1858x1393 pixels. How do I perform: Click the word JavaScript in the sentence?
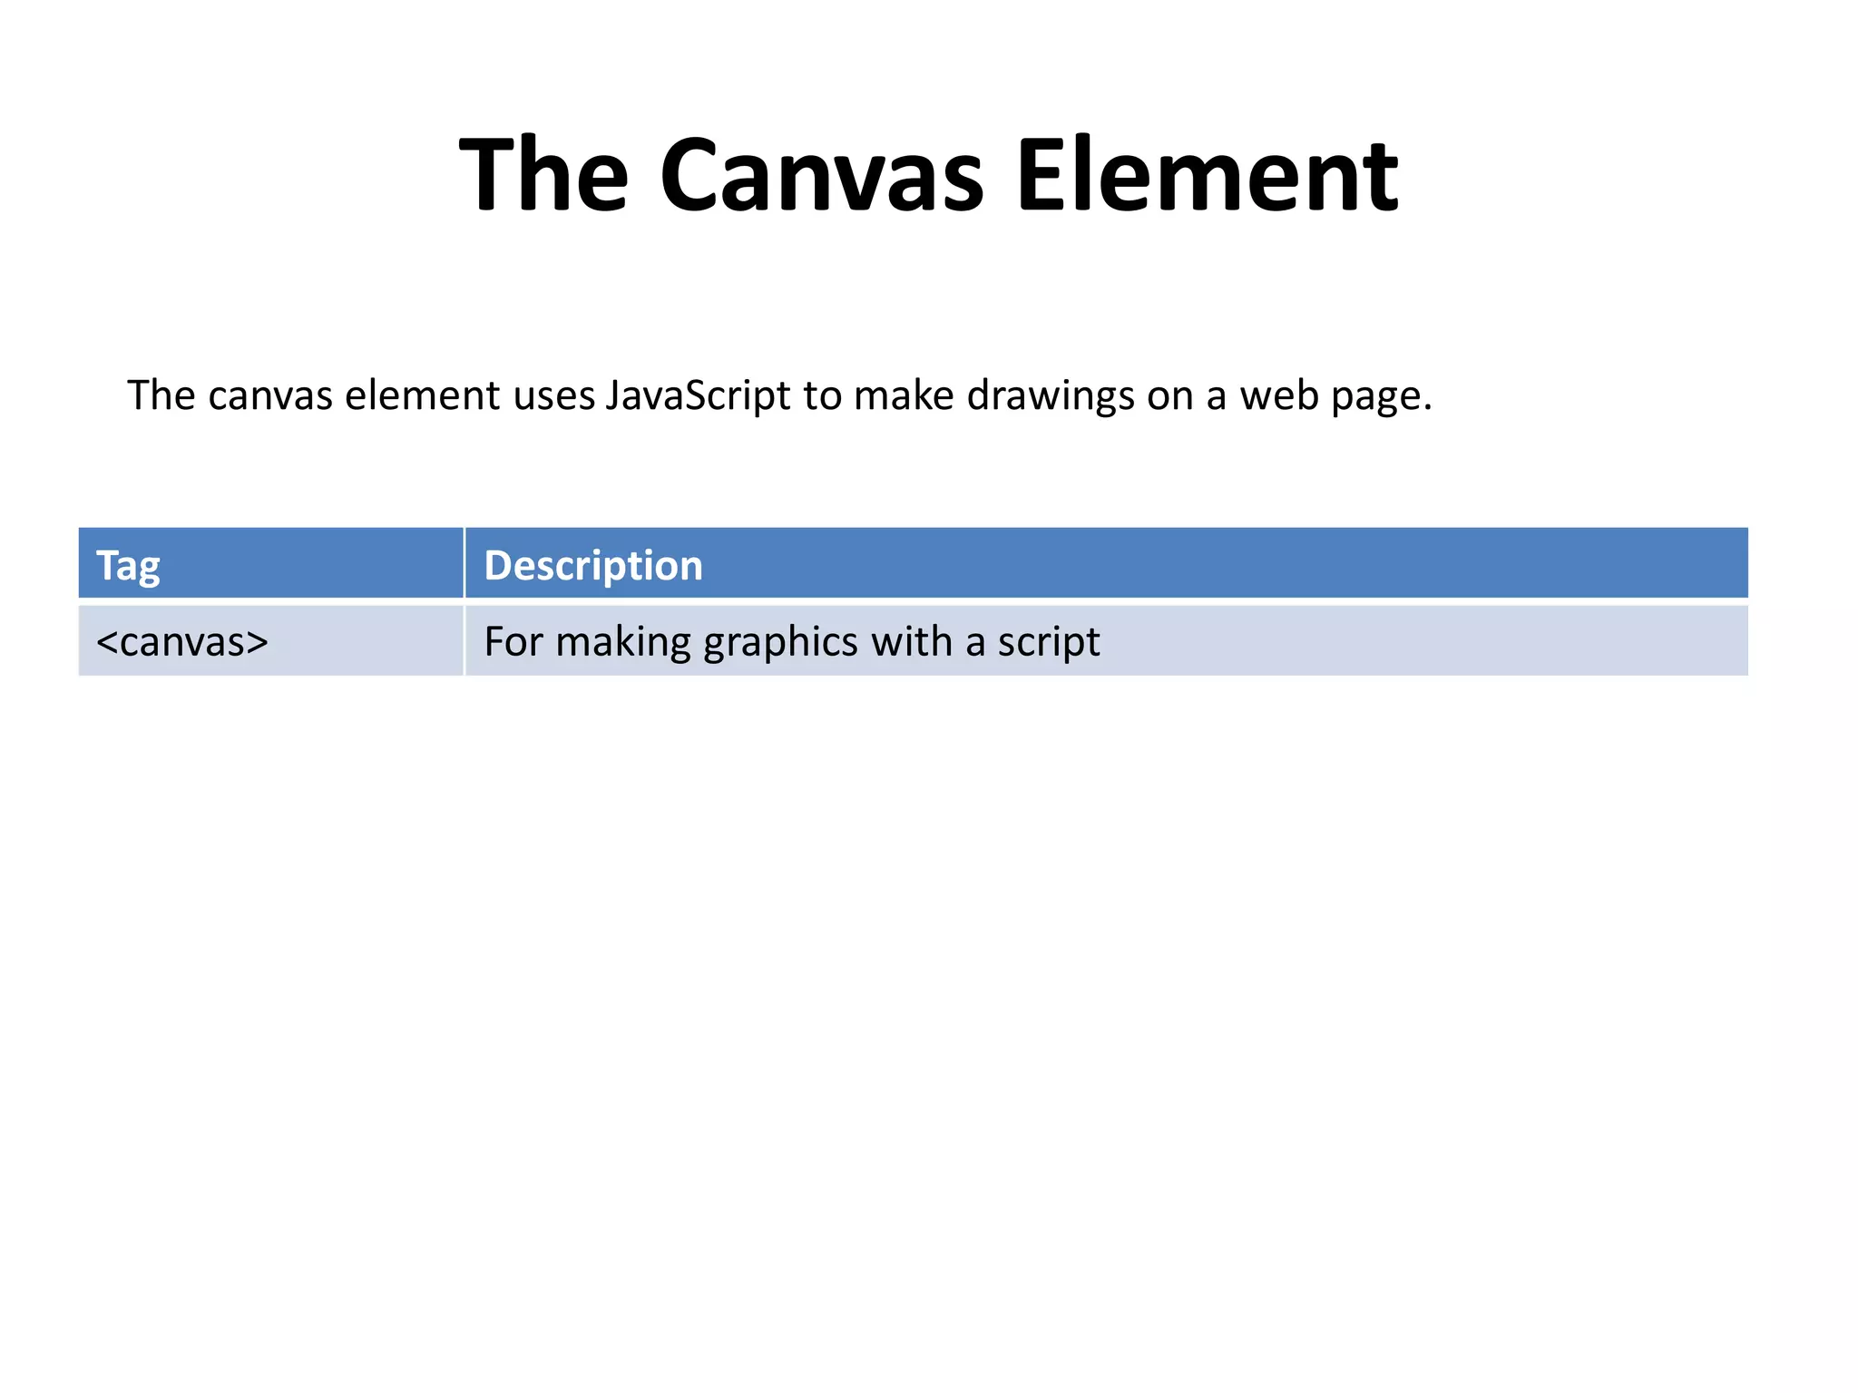tap(698, 396)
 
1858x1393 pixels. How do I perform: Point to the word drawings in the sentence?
tap(1051, 396)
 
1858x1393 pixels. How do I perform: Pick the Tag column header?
tap(128, 566)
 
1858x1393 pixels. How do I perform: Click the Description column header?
tap(593, 566)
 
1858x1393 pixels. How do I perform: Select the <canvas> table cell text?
tap(182, 642)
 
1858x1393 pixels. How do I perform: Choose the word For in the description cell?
tap(513, 642)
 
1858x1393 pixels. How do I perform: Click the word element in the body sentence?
tap(423, 396)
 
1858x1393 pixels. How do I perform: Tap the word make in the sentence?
tap(904, 396)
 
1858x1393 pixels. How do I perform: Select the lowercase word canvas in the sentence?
tap(270, 396)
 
